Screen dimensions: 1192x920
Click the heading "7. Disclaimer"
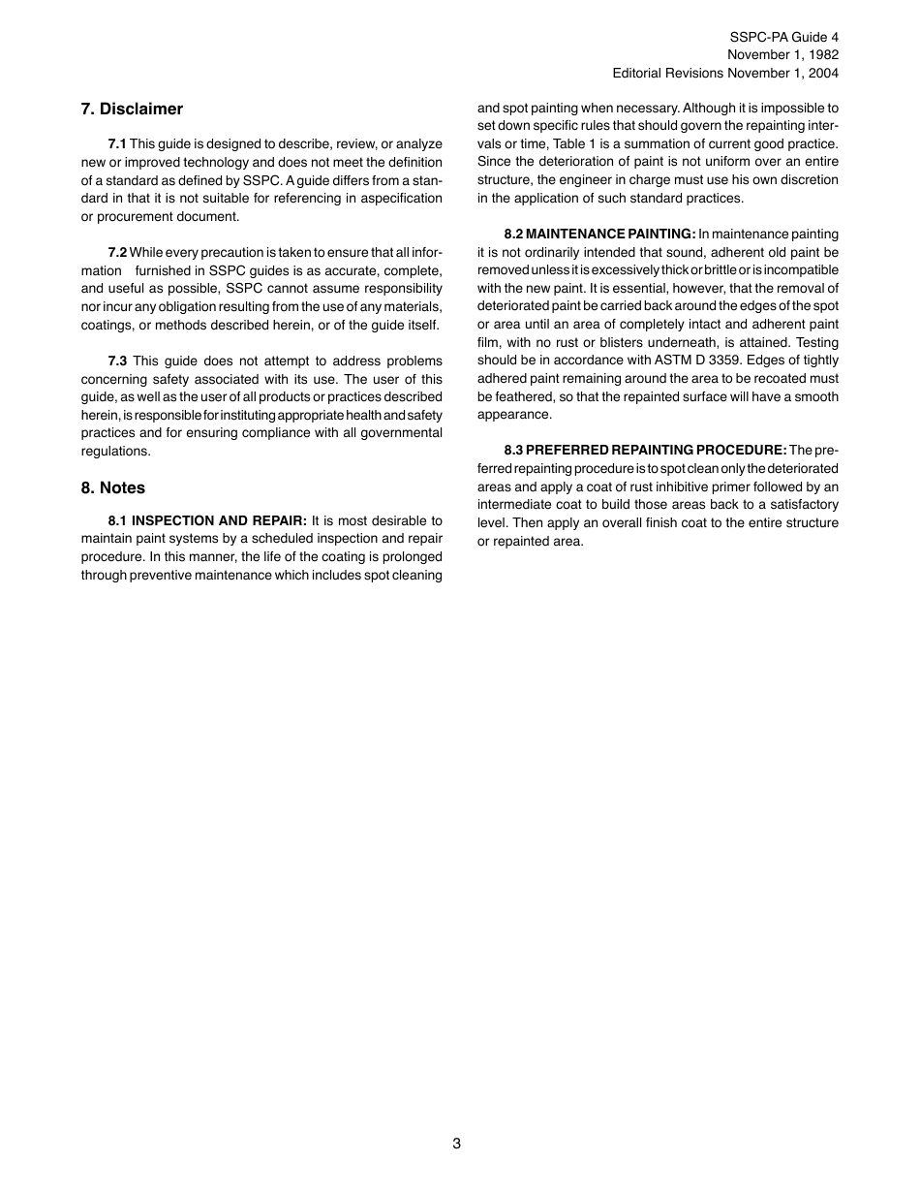[x=132, y=109]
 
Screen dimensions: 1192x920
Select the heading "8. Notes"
[x=113, y=487]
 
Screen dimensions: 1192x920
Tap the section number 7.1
[x=117, y=143]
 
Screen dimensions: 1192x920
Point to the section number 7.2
[x=117, y=253]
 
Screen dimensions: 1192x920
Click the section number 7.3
[x=117, y=361]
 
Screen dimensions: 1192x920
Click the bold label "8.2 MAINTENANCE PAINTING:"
[x=599, y=235]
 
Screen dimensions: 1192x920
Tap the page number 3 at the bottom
[x=456, y=1144]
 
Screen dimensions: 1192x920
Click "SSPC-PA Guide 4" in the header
[x=784, y=38]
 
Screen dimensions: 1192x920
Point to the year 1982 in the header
[x=821, y=55]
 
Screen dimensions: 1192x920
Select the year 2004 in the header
[x=821, y=73]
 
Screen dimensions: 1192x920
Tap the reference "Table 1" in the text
[x=589, y=144]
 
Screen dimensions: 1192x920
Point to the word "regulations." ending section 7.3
[x=116, y=452]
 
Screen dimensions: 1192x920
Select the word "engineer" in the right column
[x=594, y=180]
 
